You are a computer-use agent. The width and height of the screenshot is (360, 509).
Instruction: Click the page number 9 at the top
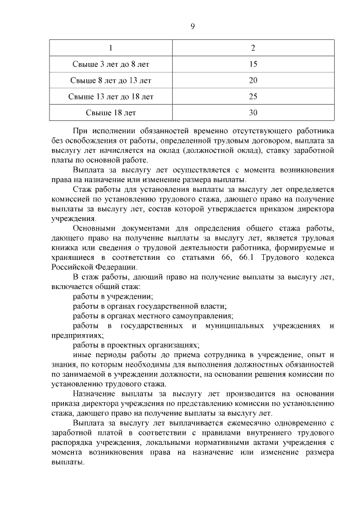[x=192, y=26]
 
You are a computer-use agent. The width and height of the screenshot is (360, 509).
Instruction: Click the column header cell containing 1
[x=111, y=48]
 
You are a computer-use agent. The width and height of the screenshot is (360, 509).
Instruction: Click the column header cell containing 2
[x=253, y=48]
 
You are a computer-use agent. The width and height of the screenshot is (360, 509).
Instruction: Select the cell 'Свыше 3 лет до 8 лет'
[x=111, y=64]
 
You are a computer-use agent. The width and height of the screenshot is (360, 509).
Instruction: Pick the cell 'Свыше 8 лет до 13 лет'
[x=111, y=80]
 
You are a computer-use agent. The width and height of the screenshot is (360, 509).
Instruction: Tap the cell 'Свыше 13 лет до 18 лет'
[x=111, y=97]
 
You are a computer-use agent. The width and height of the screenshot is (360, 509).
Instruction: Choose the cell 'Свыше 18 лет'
[x=111, y=112]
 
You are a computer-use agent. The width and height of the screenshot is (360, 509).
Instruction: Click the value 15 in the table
[x=253, y=64]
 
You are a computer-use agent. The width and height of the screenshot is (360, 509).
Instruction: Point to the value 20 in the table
[x=253, y=80]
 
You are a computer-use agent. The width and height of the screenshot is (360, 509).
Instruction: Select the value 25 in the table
[x=253, y=97]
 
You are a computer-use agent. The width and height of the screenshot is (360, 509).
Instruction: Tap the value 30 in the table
[x=253, y=112]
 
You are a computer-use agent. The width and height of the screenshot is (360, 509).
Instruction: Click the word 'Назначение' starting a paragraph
[x=96, y=394]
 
